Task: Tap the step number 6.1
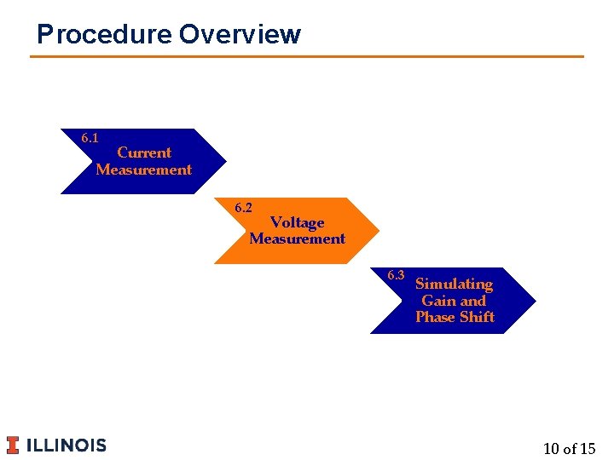90,138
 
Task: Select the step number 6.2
243,208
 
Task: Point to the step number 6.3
396,275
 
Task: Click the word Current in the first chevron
144,152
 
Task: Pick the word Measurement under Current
144,170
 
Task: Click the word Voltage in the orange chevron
298,222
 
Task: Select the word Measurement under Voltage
298,239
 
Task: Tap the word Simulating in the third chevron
454,284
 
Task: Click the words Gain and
454,301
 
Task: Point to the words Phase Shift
455,317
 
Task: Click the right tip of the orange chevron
376,231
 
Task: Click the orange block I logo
13,445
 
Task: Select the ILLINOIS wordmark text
67,445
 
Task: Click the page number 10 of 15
569,448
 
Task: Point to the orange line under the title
307,57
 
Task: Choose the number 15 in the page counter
587,448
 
